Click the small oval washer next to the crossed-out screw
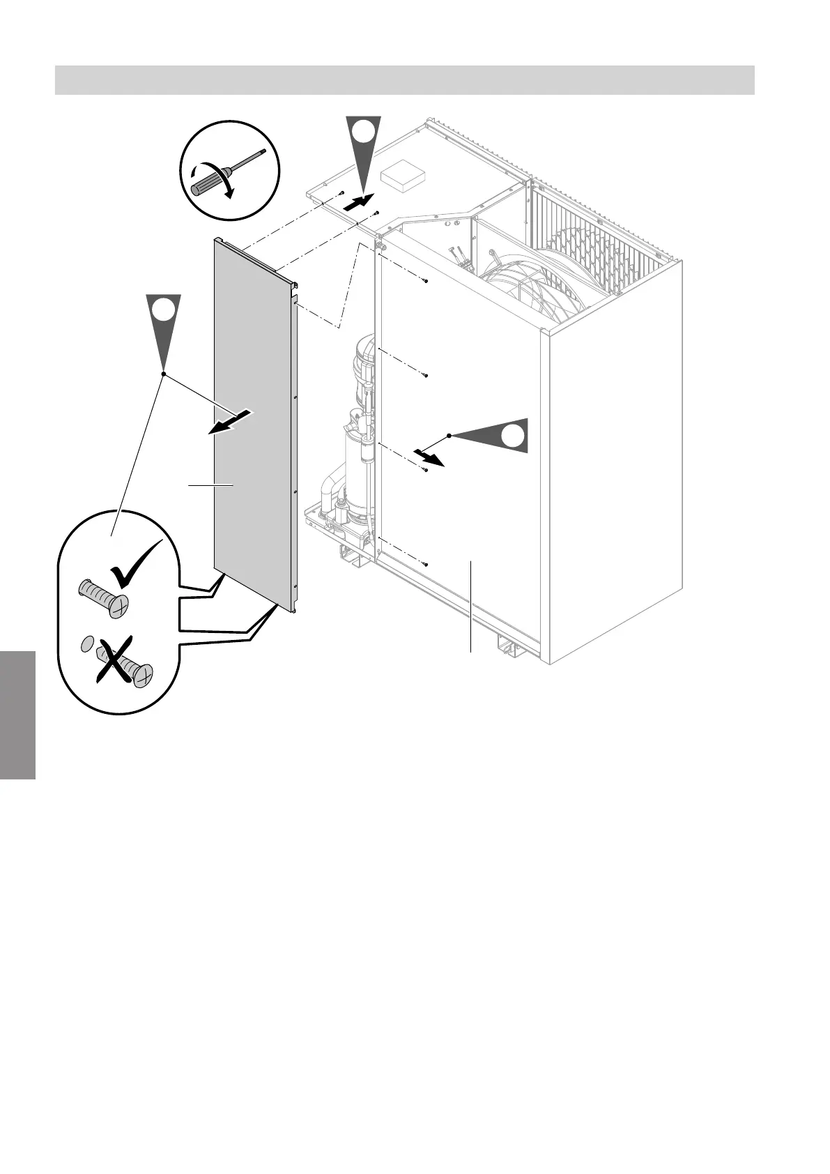tap(86, 643)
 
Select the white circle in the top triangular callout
tap(363, 130)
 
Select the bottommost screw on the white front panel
tap(425, 563)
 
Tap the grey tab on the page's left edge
tap(17, 715)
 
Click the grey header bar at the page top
tap(404, 80)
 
